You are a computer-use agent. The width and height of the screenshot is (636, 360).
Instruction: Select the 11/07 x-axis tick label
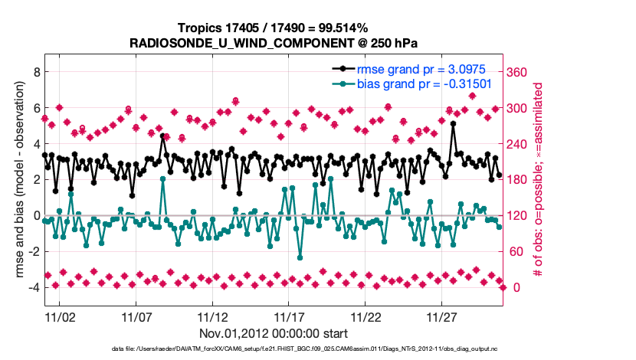coord(136,316)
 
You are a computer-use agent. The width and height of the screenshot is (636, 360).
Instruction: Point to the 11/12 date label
coord(212,316)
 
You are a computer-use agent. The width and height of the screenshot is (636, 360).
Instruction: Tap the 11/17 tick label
coord(289,316)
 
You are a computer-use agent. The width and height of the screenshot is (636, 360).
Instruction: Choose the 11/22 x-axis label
coord(366,316)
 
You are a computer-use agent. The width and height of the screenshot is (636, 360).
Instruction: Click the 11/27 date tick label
coord(442,316)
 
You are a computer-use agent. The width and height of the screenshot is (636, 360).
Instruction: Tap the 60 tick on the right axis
coord(518,252)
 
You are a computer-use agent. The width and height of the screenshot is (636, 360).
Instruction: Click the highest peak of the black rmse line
coord(454,123)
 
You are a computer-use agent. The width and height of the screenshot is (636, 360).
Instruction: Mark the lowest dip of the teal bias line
coord(300,257)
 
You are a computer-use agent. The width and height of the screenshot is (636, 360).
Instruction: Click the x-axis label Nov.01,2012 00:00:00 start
coord(274,333)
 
